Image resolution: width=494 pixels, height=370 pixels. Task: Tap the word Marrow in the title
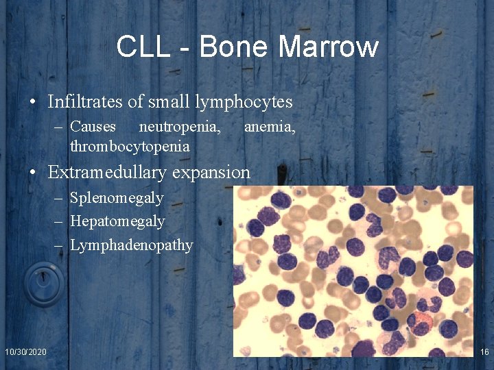329,47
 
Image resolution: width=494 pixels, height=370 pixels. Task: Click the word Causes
93,126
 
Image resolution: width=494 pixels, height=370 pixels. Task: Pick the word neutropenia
180,126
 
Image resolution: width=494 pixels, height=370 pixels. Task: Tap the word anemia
270,126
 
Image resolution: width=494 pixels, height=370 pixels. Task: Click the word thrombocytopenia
130,147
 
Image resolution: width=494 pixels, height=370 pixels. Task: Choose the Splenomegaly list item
117,198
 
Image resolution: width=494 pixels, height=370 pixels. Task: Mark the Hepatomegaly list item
117,221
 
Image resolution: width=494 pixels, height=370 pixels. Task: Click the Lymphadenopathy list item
132,245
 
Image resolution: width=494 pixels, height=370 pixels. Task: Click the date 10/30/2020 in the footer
26,351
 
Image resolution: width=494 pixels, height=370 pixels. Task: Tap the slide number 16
484,351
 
